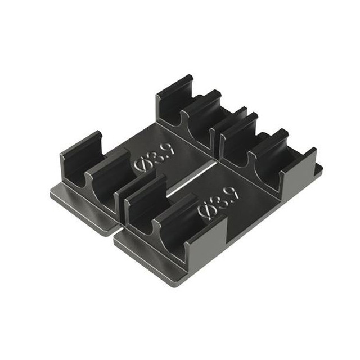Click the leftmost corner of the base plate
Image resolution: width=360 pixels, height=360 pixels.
click(x=51, y=191)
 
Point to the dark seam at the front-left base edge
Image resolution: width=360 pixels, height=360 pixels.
click(x=115, y=231)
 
